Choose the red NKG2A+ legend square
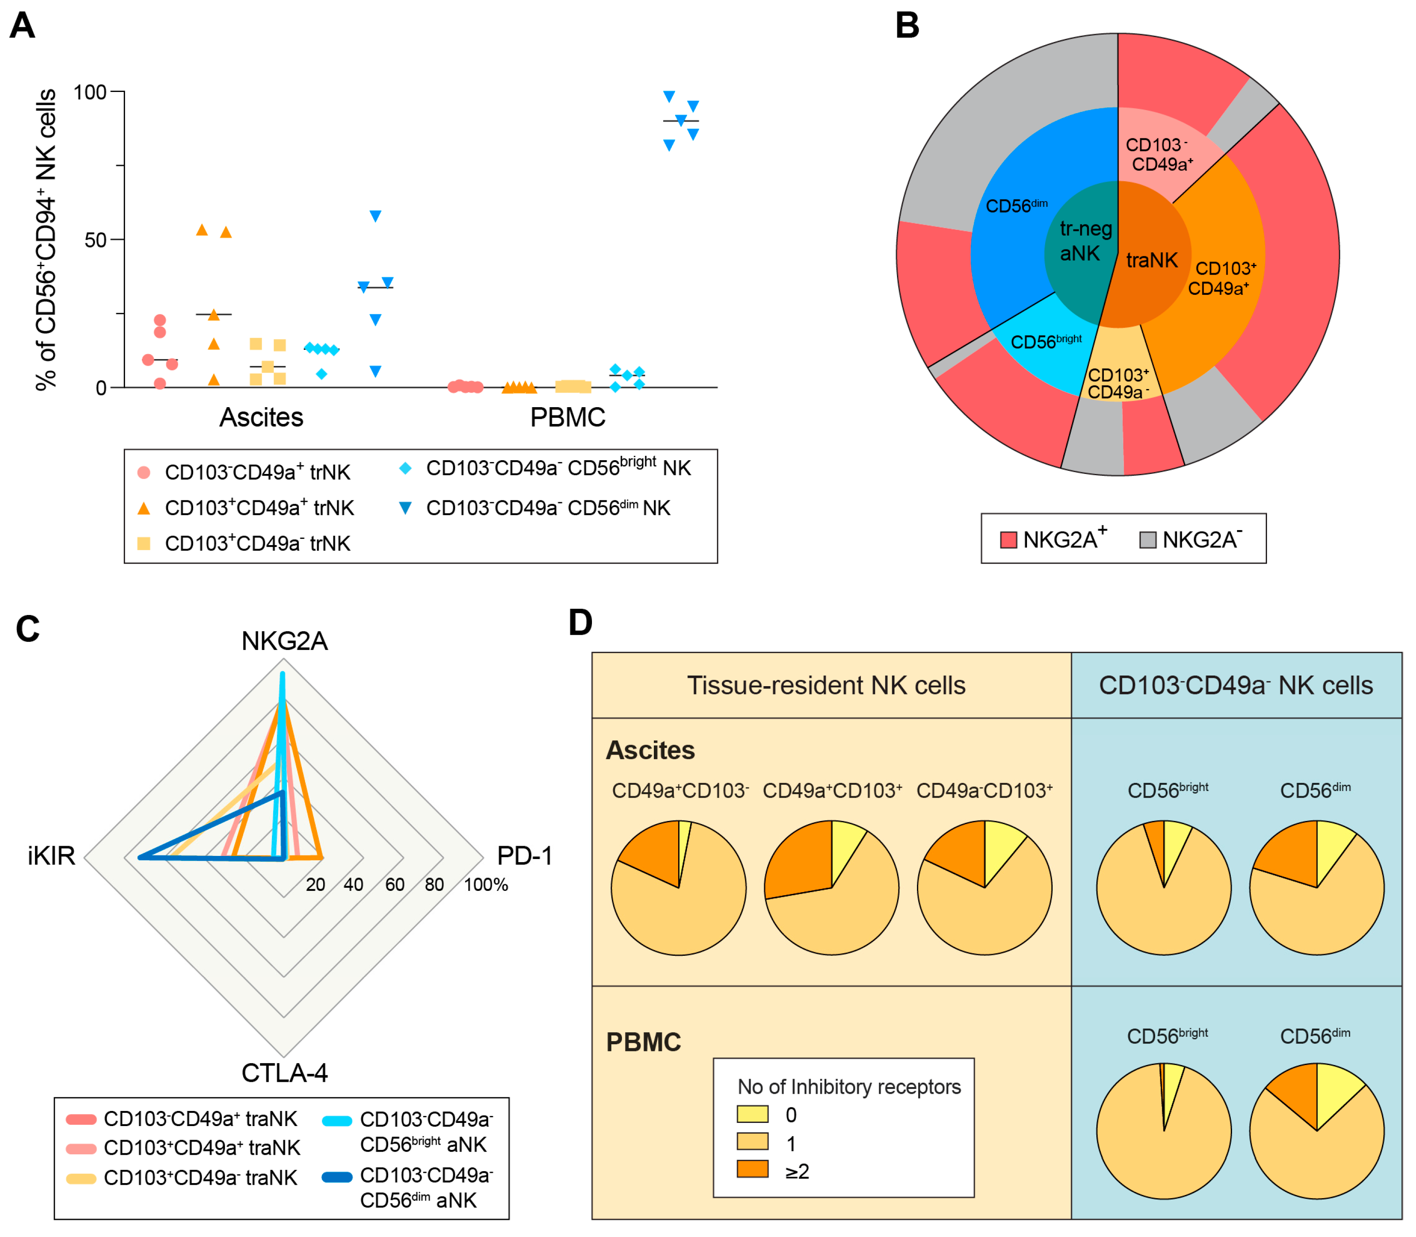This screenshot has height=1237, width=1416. click(1009, 540)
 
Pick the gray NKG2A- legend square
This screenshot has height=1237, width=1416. click(1148, 540)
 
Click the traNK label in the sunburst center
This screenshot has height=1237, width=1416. click(1152, 260)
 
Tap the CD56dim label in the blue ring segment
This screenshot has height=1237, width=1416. click(1015, 206)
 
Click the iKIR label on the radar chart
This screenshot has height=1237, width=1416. click(51, 855)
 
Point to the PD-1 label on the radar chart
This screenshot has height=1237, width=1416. click(525, 855)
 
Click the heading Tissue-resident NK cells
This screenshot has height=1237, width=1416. click(826, 685)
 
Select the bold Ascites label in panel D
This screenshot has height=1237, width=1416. click(650, 750)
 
